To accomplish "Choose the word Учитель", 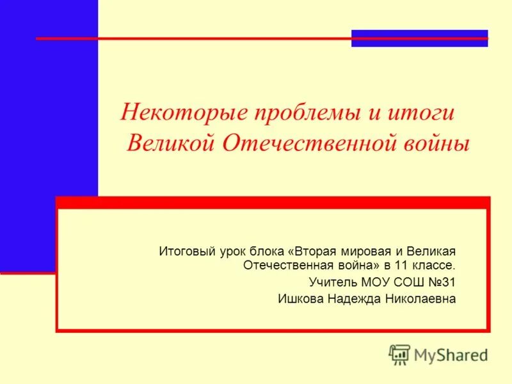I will (x=333, y=282).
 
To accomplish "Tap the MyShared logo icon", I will (x=399, y=354).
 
